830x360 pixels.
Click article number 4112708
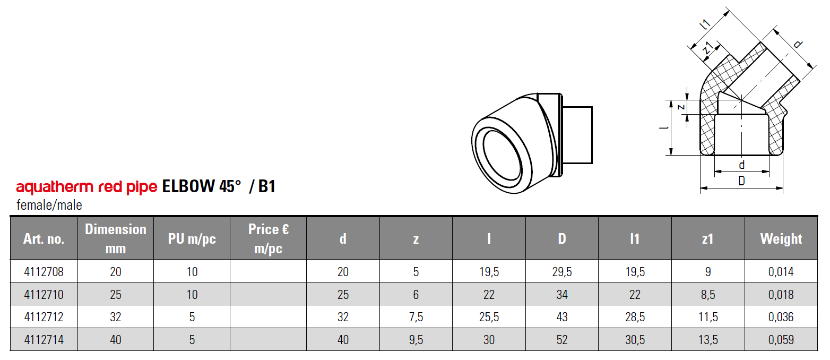(44, 272)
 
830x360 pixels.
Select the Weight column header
(781, 239)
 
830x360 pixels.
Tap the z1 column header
(708, 239)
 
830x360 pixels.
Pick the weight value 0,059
(781, 340)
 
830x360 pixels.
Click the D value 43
(562, 317)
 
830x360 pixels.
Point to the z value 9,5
(416, 340)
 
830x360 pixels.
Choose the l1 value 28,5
(635, 317)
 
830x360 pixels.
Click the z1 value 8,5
(708, 294)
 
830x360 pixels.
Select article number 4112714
(44, 340)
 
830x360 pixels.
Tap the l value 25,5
(489, 317)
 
